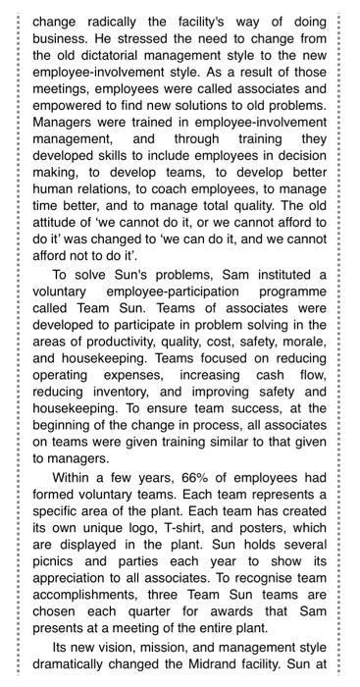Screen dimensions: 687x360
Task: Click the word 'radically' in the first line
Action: coord(111,14)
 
